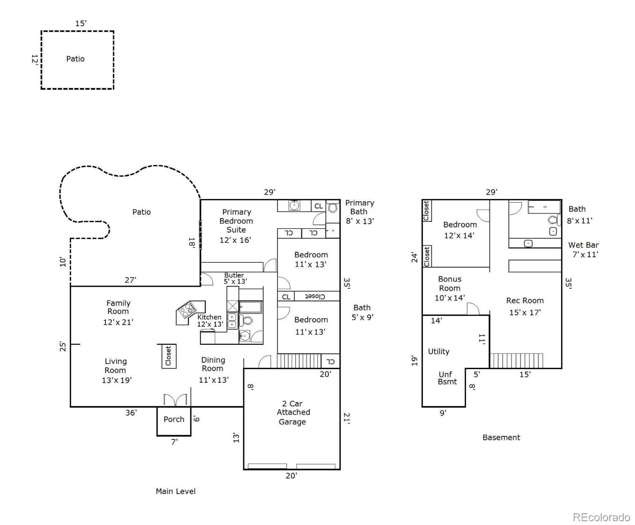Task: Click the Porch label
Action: pos(174,419)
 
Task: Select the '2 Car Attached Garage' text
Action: pos(292,412)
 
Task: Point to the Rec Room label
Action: pos(525,300)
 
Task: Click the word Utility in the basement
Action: pos(438,351)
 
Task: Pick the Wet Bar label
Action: pos(584,245)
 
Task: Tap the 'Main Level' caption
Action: pos(175,491)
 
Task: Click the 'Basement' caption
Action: pos(501,437)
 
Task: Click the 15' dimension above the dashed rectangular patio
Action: pos(81,23)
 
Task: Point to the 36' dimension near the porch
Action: pos(131,413)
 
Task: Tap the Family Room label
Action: pos(118,307)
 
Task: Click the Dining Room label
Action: pos(213,364)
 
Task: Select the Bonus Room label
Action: pos(450,284)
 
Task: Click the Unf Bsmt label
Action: pos(447,378)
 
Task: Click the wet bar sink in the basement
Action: pos(528,243)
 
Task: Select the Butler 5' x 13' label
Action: pos(235,278)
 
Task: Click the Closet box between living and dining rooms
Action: pos(168,356)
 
